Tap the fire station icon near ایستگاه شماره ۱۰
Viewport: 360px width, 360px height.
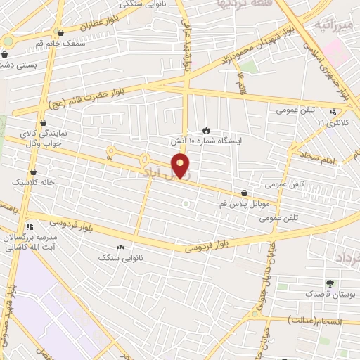206,129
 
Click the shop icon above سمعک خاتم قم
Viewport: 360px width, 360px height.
61,32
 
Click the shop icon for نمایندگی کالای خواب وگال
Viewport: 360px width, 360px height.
44,122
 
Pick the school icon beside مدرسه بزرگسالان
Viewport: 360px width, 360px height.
30,226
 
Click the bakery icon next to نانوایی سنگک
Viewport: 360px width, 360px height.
120,247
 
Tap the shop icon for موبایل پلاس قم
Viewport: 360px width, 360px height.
244,192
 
